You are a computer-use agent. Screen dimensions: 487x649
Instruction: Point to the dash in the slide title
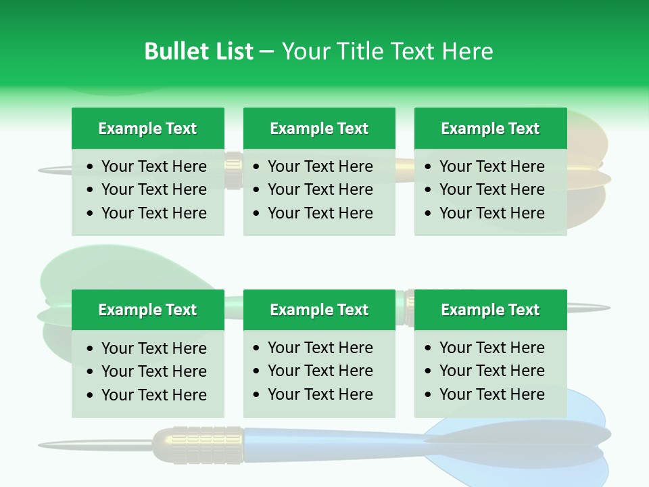pyautogui.click(x=266, y=51)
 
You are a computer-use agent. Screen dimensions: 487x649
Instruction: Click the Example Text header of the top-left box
pyautogui.click(x=147, y=129)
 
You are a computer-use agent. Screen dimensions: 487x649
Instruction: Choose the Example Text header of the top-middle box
pyautogui.click(x=319, y=129)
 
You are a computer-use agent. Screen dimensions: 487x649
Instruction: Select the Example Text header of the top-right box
pyautogui.click(x=490, y=129)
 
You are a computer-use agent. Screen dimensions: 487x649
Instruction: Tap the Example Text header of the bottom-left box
pyautogui.click(x=147, y=310)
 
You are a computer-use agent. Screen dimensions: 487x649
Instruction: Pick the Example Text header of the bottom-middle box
pyautogui.click(x=319, y=310)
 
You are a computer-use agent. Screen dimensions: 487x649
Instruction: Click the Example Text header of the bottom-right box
pyautogui.click(x=490, y=310)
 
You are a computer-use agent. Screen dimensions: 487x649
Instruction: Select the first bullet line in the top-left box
pyautogui.click(x=153, y=166)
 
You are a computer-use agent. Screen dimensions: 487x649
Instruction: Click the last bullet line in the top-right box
pyautogui.click(x=491, y=213)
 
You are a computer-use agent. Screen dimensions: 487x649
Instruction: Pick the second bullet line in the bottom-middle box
pyautogui.click(x=320, y=371)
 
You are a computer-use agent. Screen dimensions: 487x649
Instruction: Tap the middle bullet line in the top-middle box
pyautogui.click(x=320, y=189)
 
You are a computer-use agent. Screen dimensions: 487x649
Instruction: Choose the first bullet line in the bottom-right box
pyautogui.click(x=491, y=348)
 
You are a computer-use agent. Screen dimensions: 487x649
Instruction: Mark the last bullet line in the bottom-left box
pyautogui.click(x=153, y=395)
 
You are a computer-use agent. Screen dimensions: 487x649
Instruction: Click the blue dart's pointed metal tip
pyautogui.click(x=47, y=445)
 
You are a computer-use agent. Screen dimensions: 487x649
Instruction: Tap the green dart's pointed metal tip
pyautogui.click(x=602, y=308)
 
